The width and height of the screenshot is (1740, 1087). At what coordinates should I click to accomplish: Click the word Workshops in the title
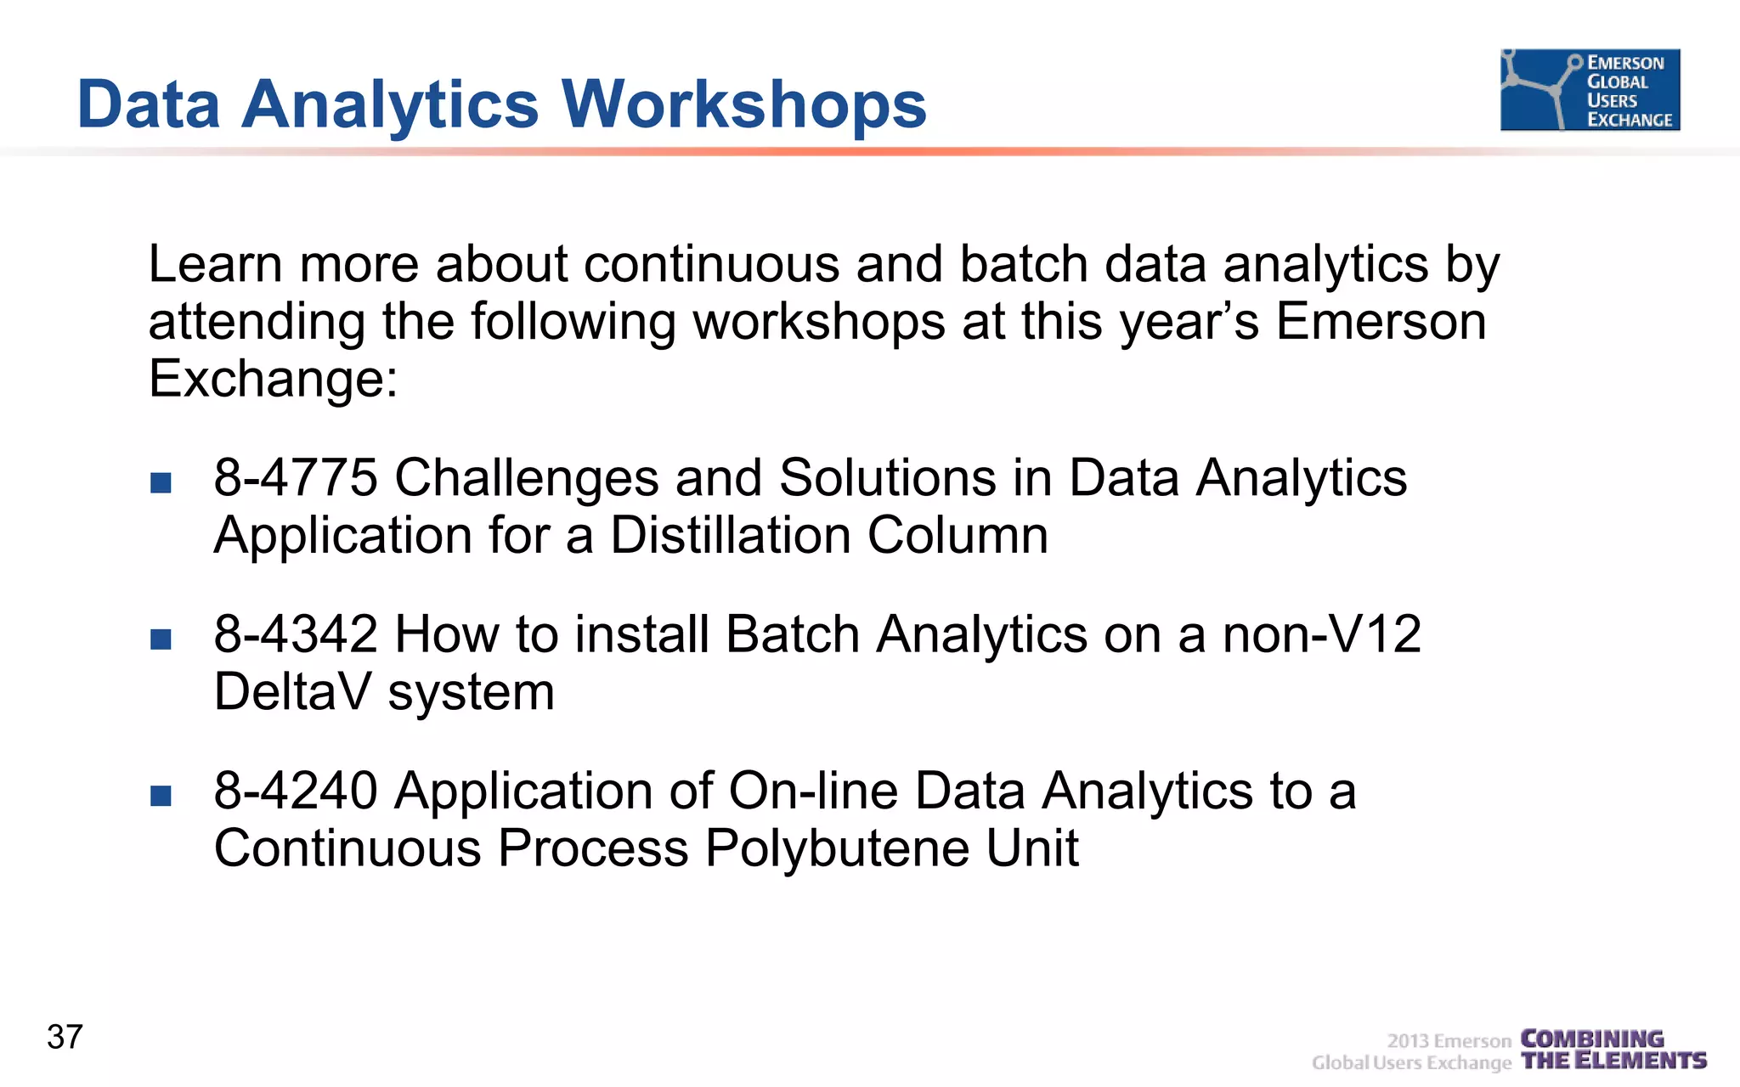point(743,105)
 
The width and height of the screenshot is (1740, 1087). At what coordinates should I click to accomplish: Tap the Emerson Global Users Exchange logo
point(1590,90)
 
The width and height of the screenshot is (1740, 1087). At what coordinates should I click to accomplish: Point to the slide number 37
point(65,1037)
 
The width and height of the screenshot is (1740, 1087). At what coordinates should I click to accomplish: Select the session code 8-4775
point(295,478)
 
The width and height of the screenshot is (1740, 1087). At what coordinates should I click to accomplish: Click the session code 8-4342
point(295,634)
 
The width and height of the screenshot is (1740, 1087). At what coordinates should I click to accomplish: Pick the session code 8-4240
point(295,791)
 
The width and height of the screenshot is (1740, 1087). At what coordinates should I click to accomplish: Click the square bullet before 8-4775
point(161,482)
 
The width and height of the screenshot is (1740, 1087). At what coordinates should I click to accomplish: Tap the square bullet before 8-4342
point(161,639)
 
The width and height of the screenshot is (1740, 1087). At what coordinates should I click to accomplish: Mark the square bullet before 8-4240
point(161,795)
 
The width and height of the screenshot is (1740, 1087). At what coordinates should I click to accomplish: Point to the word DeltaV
point(292,692)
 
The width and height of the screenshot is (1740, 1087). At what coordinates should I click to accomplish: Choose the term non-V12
point(1321,634)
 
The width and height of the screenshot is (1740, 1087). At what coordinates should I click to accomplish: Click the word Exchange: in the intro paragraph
point(273,379)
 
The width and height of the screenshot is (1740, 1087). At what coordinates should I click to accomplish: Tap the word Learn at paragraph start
point(214,264)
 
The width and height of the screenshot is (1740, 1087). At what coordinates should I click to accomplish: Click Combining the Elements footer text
point(1613,1050)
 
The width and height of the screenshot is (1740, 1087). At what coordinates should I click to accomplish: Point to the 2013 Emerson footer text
point(1449,1041)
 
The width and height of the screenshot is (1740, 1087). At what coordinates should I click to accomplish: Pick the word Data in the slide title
point(149,105)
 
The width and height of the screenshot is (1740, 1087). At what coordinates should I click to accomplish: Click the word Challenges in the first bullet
point(526,478)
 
